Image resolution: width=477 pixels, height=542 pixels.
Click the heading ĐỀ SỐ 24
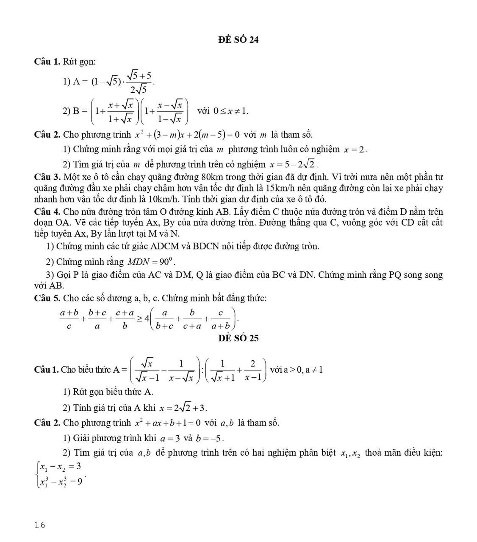coord(239,40)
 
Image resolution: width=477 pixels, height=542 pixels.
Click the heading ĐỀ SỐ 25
coord(239,338)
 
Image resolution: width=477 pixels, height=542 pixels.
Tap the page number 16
coord(40,525)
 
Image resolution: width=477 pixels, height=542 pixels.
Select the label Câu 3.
coord(47,177)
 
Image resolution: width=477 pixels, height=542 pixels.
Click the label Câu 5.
coord(47,298)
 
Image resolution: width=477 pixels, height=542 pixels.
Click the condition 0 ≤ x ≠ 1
coord(230,111)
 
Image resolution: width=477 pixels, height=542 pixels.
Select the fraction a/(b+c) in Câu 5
coord(164,319)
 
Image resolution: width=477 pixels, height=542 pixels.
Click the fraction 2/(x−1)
coord(253,370)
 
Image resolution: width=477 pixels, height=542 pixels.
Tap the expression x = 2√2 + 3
coord(183,408)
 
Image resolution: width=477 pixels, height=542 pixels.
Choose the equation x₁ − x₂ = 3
coord(60,467)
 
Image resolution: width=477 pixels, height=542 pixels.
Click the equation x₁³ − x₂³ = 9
coord(61,481)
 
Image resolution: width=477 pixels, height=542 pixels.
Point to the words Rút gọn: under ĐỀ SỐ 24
coord(79,61)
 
